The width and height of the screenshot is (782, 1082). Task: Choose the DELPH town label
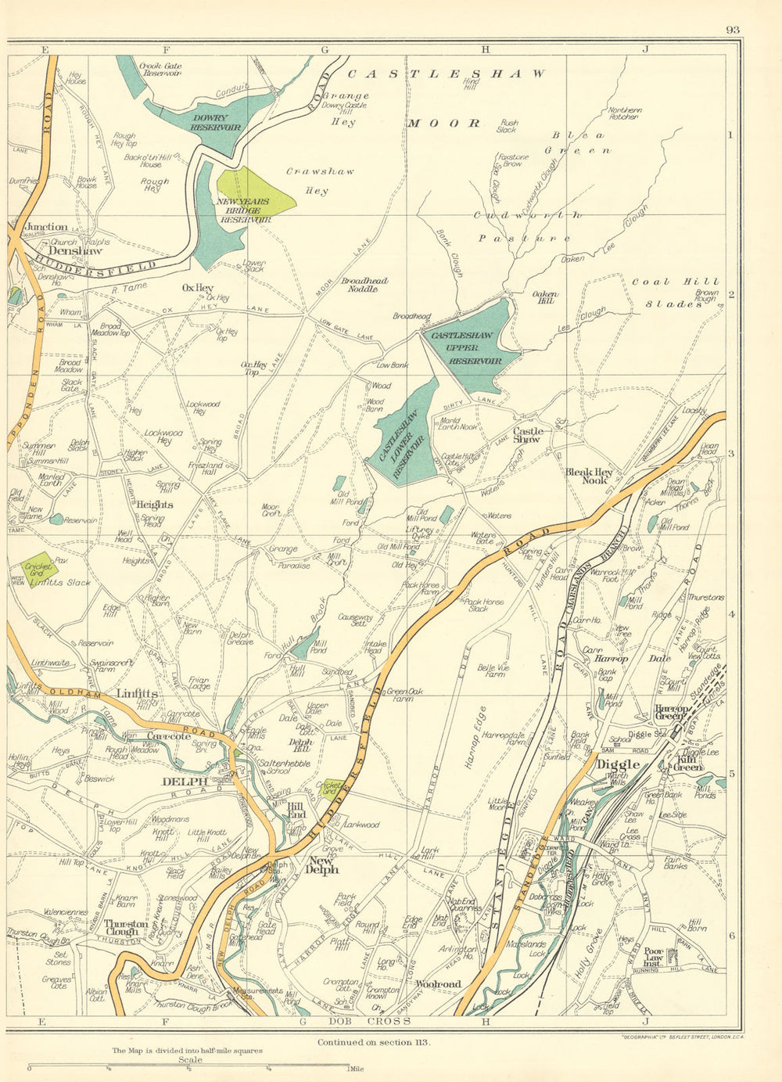click(185, 781)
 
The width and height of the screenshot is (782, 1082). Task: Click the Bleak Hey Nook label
click(591, 476)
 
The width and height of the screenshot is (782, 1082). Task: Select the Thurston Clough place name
click(126, 928)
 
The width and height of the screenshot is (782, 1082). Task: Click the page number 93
click(732, 31)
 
